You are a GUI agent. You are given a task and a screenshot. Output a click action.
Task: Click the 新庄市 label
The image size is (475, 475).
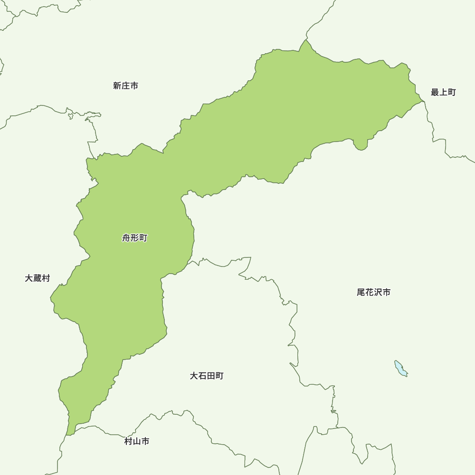[126, 86]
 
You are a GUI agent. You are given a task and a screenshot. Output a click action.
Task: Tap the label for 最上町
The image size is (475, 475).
[443, 92]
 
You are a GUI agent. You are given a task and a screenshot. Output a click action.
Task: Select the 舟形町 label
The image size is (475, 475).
[135, 238]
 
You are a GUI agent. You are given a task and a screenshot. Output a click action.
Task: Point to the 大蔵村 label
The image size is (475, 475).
[38, 278]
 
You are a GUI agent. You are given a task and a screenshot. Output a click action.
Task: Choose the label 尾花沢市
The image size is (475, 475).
[374, 292]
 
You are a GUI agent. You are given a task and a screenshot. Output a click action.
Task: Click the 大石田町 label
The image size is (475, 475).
[207, 376]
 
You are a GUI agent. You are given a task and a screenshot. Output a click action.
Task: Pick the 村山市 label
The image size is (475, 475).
[137, 441]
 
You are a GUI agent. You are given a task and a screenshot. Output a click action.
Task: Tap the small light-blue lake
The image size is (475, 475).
[400, 368]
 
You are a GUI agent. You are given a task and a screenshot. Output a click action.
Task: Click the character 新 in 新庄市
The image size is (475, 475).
[117, 86]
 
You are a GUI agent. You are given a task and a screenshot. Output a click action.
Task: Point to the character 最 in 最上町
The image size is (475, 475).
[435, 92]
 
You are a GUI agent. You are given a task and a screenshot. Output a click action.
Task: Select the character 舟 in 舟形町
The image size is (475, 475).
[126, 238]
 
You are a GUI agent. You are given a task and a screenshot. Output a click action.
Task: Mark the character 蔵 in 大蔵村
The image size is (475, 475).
[38, 278]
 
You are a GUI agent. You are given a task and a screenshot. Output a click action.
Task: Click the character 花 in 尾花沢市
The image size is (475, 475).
[370, 292]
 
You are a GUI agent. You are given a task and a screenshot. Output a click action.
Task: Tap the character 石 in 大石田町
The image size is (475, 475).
[202, 376]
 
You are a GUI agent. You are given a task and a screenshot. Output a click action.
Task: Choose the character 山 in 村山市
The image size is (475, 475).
[137, 441]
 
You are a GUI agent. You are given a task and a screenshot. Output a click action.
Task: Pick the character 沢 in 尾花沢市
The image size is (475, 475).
[378, 292]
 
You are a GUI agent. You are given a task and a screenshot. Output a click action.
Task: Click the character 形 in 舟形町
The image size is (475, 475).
[135, 238]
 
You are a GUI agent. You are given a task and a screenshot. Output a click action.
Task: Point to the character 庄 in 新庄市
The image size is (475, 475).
[126, 86]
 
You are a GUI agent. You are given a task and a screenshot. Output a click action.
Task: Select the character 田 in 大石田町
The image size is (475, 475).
[211, 376]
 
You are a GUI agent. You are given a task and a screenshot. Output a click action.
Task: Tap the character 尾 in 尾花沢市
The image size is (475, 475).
[361, 292]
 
